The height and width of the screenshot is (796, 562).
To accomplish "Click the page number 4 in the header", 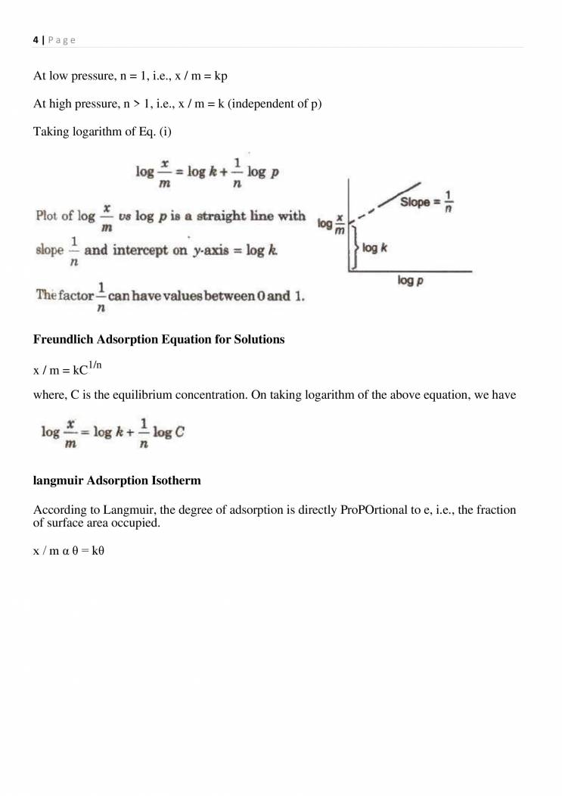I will tap(36, 40).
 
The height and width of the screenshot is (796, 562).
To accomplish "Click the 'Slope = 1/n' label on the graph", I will tap(427, 203).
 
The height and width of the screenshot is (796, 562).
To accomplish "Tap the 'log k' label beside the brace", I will tap(376, 247).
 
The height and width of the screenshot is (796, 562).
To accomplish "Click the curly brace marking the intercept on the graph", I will tap(353, 248).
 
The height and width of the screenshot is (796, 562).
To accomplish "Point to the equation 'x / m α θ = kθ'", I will tap(69, 551).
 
